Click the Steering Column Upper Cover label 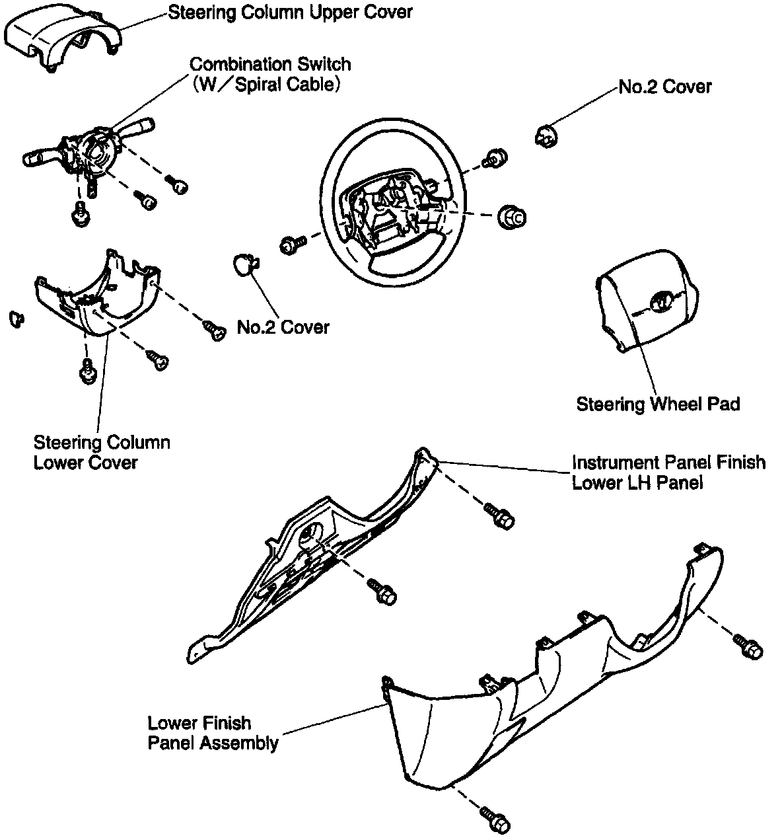290,12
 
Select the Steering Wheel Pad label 658,404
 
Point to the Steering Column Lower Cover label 101,452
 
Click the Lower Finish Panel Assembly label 213,733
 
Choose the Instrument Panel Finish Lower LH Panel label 668,472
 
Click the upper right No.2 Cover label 664,87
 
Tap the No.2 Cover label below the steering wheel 283,326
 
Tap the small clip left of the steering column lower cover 15,319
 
